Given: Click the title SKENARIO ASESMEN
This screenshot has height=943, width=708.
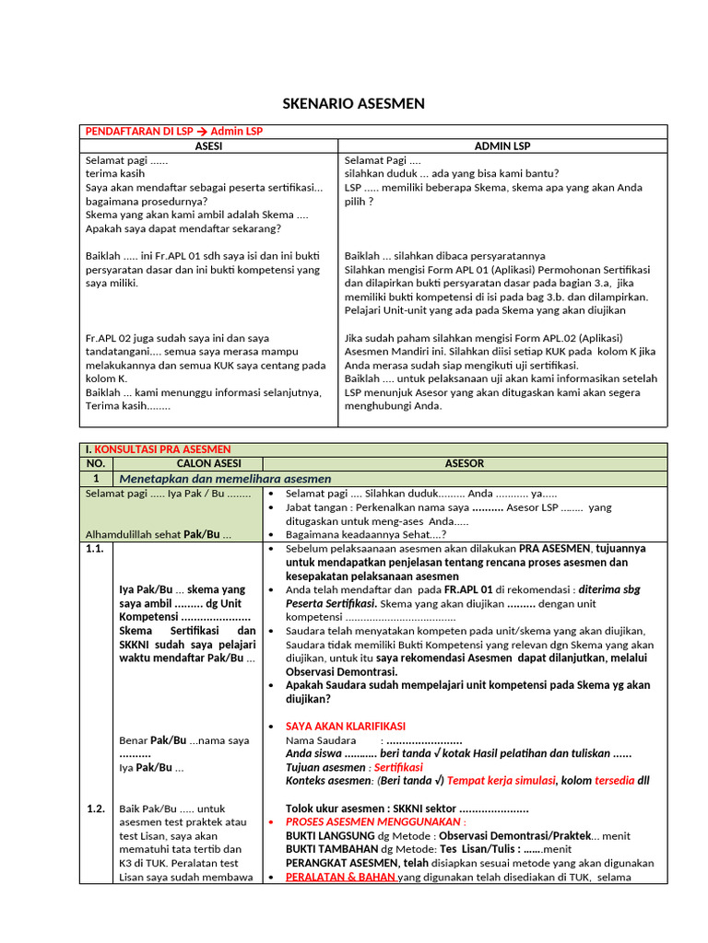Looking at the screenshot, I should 353,104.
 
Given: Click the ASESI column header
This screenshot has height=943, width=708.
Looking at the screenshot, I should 209,146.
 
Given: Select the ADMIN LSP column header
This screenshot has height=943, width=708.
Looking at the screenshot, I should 502,146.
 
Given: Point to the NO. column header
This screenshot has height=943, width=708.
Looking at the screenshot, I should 99,463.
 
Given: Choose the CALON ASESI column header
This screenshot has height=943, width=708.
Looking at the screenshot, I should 189,463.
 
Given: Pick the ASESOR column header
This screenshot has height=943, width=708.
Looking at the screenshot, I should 464,463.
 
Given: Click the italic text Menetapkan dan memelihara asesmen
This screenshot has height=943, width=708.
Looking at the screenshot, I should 225,479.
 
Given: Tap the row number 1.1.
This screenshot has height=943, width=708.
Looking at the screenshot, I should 97,548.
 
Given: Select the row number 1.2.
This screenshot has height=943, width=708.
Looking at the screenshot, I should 97,809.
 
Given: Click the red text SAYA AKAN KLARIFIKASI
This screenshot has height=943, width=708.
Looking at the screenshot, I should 346,727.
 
